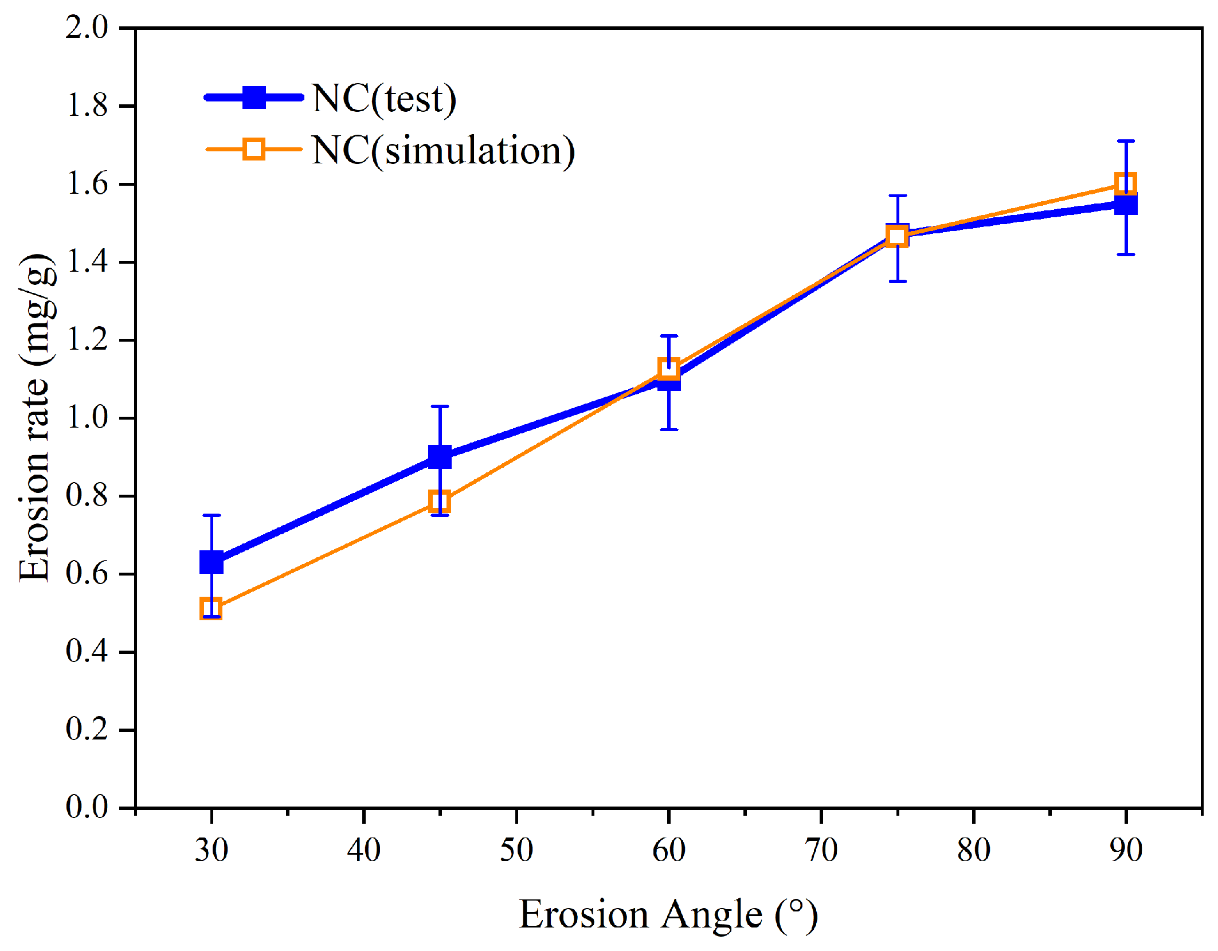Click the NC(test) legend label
384,99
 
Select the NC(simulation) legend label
442,151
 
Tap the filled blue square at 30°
212,562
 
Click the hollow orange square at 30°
212,608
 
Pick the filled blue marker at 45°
440,457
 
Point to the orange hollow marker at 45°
440,502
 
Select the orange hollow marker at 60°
669,368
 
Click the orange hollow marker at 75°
898,236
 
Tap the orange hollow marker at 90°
1126,184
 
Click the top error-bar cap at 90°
1126,141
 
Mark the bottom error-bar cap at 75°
898,281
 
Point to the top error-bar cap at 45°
440,406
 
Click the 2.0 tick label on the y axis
87,28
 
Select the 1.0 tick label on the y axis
87,418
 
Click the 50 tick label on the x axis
516,850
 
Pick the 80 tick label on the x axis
973,850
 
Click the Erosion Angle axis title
668,914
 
